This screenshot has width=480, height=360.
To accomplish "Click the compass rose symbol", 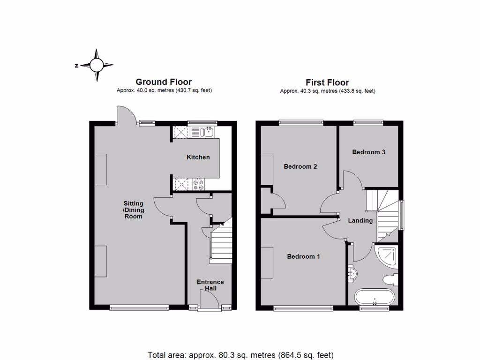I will (x=97, y=65).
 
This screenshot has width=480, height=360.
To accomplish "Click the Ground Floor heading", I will (x=164, y=82).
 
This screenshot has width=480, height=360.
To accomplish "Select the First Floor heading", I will (x=327, y=82).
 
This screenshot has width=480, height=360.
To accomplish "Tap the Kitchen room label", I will (x=198, y=157).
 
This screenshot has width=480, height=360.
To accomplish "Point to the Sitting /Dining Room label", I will (x=133, y=210).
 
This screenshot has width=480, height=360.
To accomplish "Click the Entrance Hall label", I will (x=210, y=285).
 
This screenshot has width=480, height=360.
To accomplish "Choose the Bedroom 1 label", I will (x=303, y=256).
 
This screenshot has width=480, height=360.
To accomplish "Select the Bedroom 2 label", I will (x=300, y=166).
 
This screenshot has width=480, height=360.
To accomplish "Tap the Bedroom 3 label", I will (x=369, y=152).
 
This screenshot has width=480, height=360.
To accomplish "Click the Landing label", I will (x=360, y=220).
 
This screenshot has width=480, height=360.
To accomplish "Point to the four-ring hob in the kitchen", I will (x=198, y=184).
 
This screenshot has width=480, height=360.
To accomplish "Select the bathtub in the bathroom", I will (x=374, y=297).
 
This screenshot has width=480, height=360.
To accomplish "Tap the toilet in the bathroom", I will (x=390, y=279).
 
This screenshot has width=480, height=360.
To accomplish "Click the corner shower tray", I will (x=387, y=256).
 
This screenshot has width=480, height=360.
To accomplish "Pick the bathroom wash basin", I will (x=353, y=272).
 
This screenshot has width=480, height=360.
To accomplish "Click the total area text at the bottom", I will (x=240, y=355).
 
